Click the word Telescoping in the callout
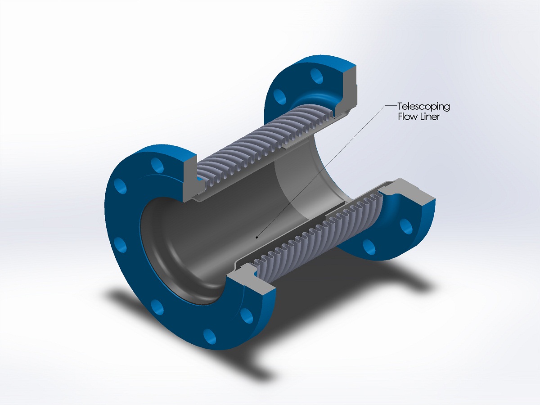(x=423, y=107)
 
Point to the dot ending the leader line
(x=257, y=238)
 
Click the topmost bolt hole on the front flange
(x=157, y=165)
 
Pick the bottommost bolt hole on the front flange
(x=210, y=336)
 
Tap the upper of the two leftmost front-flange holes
(x=121, y=186)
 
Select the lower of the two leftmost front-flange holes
(x=121, y=245)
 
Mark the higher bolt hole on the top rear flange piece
(x=317, y=76)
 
